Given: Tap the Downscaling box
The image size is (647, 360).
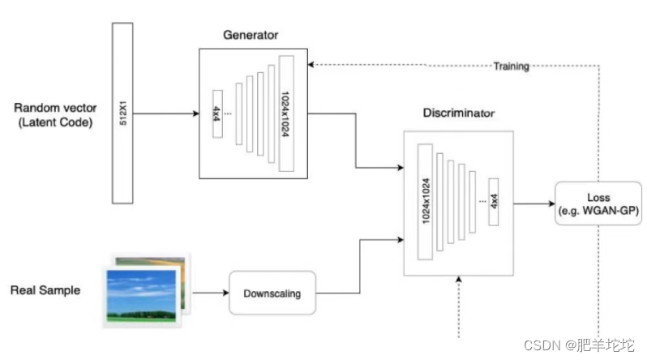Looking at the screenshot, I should click(272, 293).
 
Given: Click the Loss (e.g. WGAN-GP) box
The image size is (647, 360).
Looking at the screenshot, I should click(598, 204).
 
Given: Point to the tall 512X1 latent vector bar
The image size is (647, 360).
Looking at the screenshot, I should click(122, 113).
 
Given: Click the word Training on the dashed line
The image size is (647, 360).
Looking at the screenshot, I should click(511, 66).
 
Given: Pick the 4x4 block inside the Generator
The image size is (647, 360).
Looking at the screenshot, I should click(216, 114).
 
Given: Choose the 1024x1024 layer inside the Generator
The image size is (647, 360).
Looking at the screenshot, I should click(285, 113).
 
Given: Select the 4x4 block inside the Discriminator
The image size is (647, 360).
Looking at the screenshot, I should click(495, 202).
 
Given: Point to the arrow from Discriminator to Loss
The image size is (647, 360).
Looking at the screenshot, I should click(533, 203).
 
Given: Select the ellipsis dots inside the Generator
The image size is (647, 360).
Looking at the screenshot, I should click(229, 113).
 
